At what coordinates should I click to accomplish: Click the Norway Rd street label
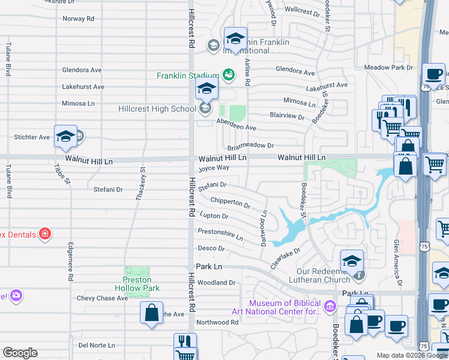coord(78,19)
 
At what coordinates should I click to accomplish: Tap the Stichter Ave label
coord(32,137)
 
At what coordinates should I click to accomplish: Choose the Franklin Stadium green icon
coord(228,75)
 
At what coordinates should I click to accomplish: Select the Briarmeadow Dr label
coord(250,146)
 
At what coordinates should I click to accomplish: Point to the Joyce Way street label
coord(214,169)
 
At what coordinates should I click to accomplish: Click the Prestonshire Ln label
coord(220,234)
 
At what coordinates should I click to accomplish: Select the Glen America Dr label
coord(396,262)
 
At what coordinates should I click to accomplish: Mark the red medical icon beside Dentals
coord(44,233)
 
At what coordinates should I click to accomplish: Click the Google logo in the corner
coord(20,353)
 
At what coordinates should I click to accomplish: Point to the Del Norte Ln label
coord(97,345)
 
